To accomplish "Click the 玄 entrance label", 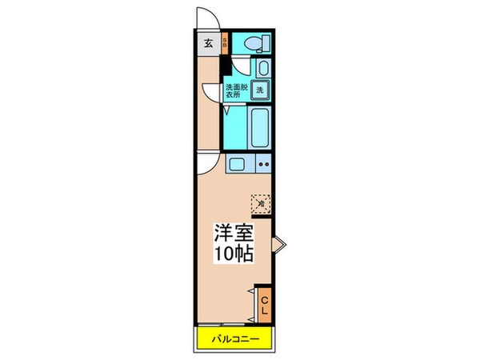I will pyautogui.click(x=207, y=44).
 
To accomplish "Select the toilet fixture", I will pyautogui.click(x=255, y=43).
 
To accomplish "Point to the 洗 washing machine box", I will pyautogui.click(x=260, y=90).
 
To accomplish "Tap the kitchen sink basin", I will pyautogui.click(x=239, y=166).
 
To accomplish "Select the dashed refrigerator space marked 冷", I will pyautogui.click(x=261, y=203).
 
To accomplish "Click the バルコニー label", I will pyautogui.click(x=235, y=338).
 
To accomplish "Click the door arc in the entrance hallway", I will pyautogui.click(x=210, y=91).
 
